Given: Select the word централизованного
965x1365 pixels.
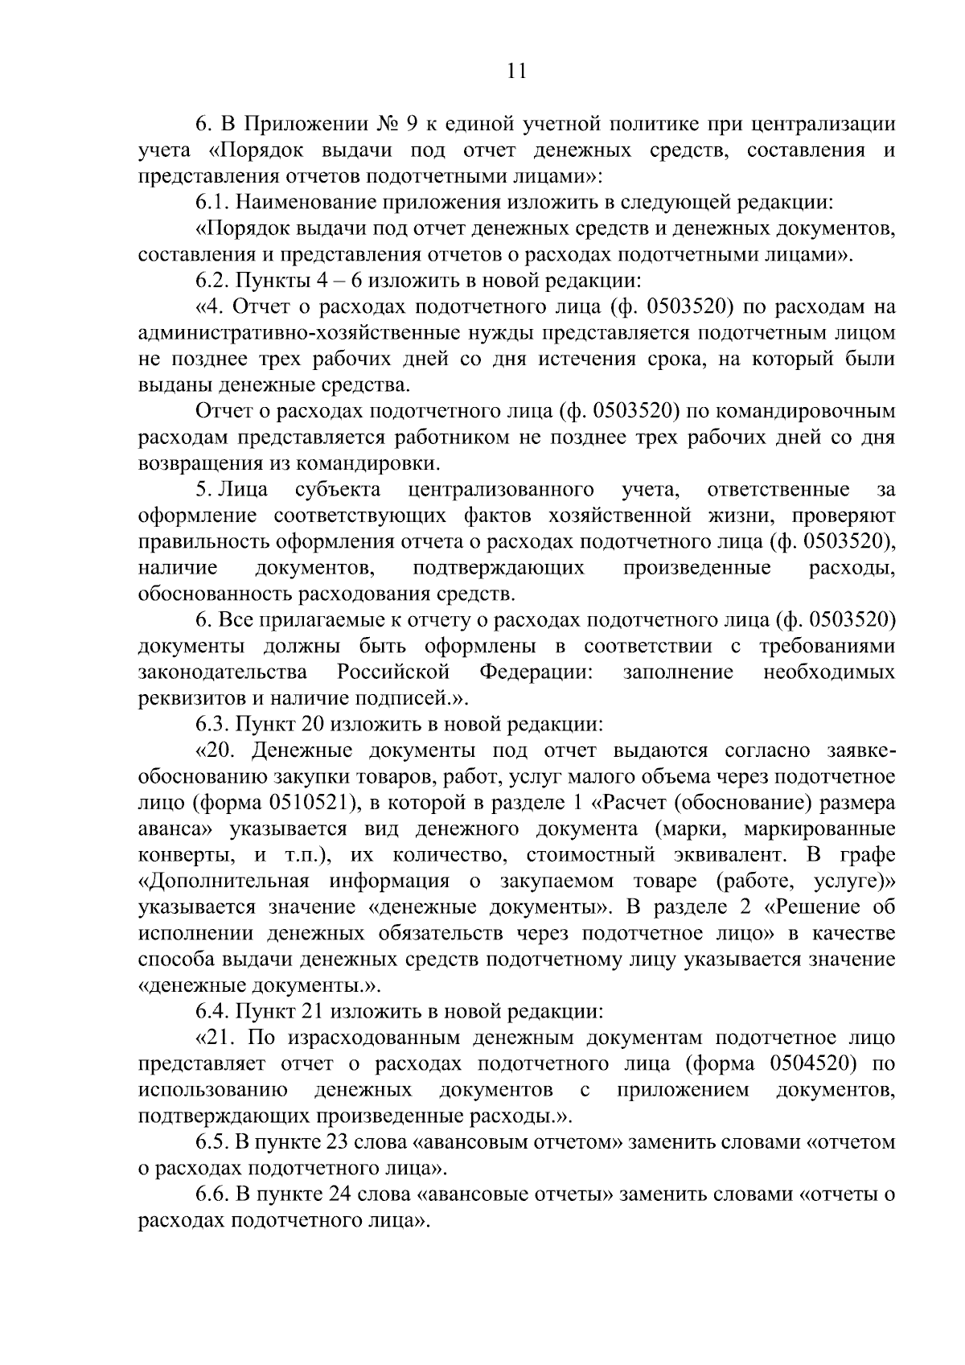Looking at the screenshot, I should point(501,490).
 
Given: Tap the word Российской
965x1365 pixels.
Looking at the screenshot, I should point(393,672).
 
